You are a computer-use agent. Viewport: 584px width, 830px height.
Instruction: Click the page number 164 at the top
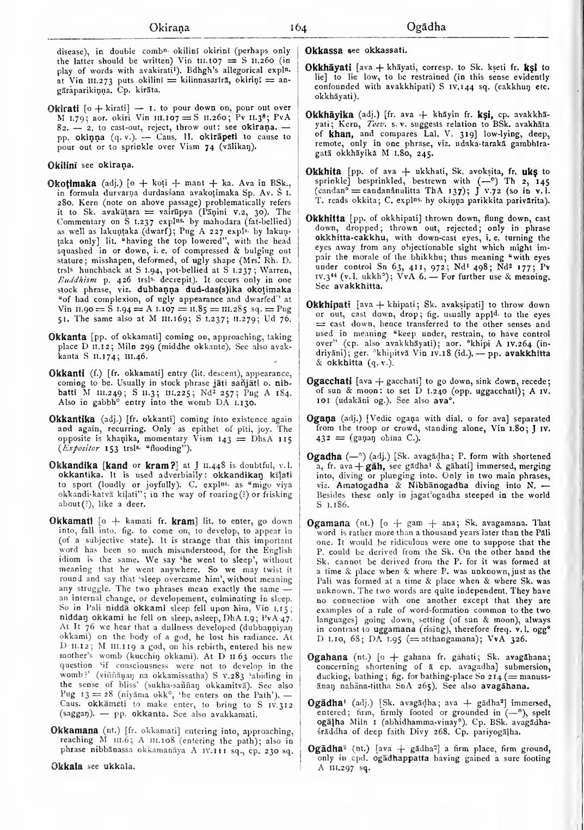pos(292,27)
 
